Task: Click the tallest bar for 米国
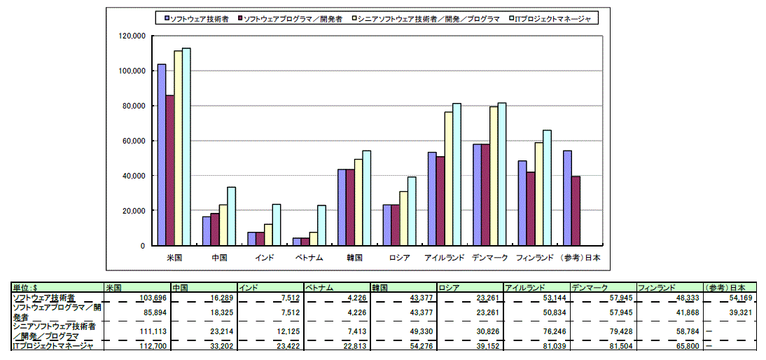coord(186,147)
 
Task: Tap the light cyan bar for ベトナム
coord(322,226)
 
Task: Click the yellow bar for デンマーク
coord(494,176)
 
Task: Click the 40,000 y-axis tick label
coord(133,176)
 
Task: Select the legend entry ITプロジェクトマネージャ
coord(552,19)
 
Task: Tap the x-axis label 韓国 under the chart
coord(354,258)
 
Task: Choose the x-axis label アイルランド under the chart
coord(444,258)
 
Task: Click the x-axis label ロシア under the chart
coord(399,258)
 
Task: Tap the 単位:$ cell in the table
coord(28,288)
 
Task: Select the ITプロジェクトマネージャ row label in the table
coord(53,345)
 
